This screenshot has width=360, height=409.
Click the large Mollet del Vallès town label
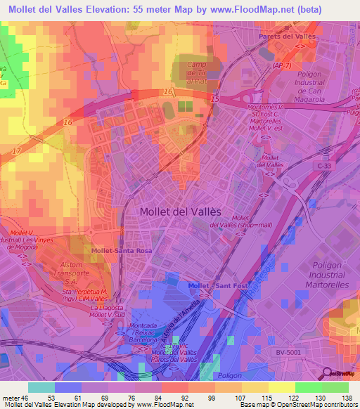(180, 212)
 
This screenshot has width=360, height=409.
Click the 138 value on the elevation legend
(347, 398)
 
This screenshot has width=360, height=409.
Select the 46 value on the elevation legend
(27, 398)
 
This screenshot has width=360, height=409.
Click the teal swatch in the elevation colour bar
(41, 387)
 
